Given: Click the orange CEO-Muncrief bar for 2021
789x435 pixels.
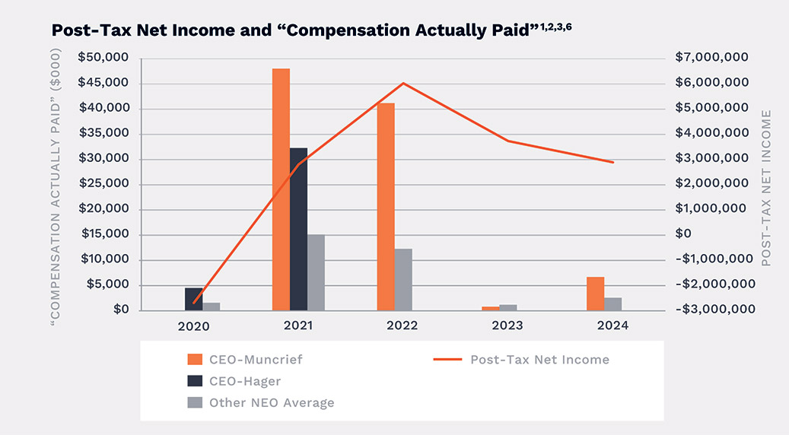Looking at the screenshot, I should (x=281, y=189).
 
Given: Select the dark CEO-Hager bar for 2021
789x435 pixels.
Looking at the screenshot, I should (x=298, y=229).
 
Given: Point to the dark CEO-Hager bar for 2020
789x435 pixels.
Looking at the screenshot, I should (x=194, y=299).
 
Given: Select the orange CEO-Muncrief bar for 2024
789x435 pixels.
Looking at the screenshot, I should (x=596, y=294).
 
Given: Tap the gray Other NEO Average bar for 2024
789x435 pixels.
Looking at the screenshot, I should (x=613, y=303).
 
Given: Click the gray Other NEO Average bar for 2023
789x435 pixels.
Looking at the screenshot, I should (x=508, y=307).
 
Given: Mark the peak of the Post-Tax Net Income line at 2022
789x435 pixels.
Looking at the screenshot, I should (x=403, y=83).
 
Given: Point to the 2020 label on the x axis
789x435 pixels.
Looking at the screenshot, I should (x=193, y=325).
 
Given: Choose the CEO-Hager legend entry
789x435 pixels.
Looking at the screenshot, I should (x=240, y=380).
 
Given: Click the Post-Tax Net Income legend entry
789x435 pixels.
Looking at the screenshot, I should (x=539, y=359).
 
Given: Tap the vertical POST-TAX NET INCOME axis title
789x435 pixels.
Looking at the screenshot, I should (x=766, y=187).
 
